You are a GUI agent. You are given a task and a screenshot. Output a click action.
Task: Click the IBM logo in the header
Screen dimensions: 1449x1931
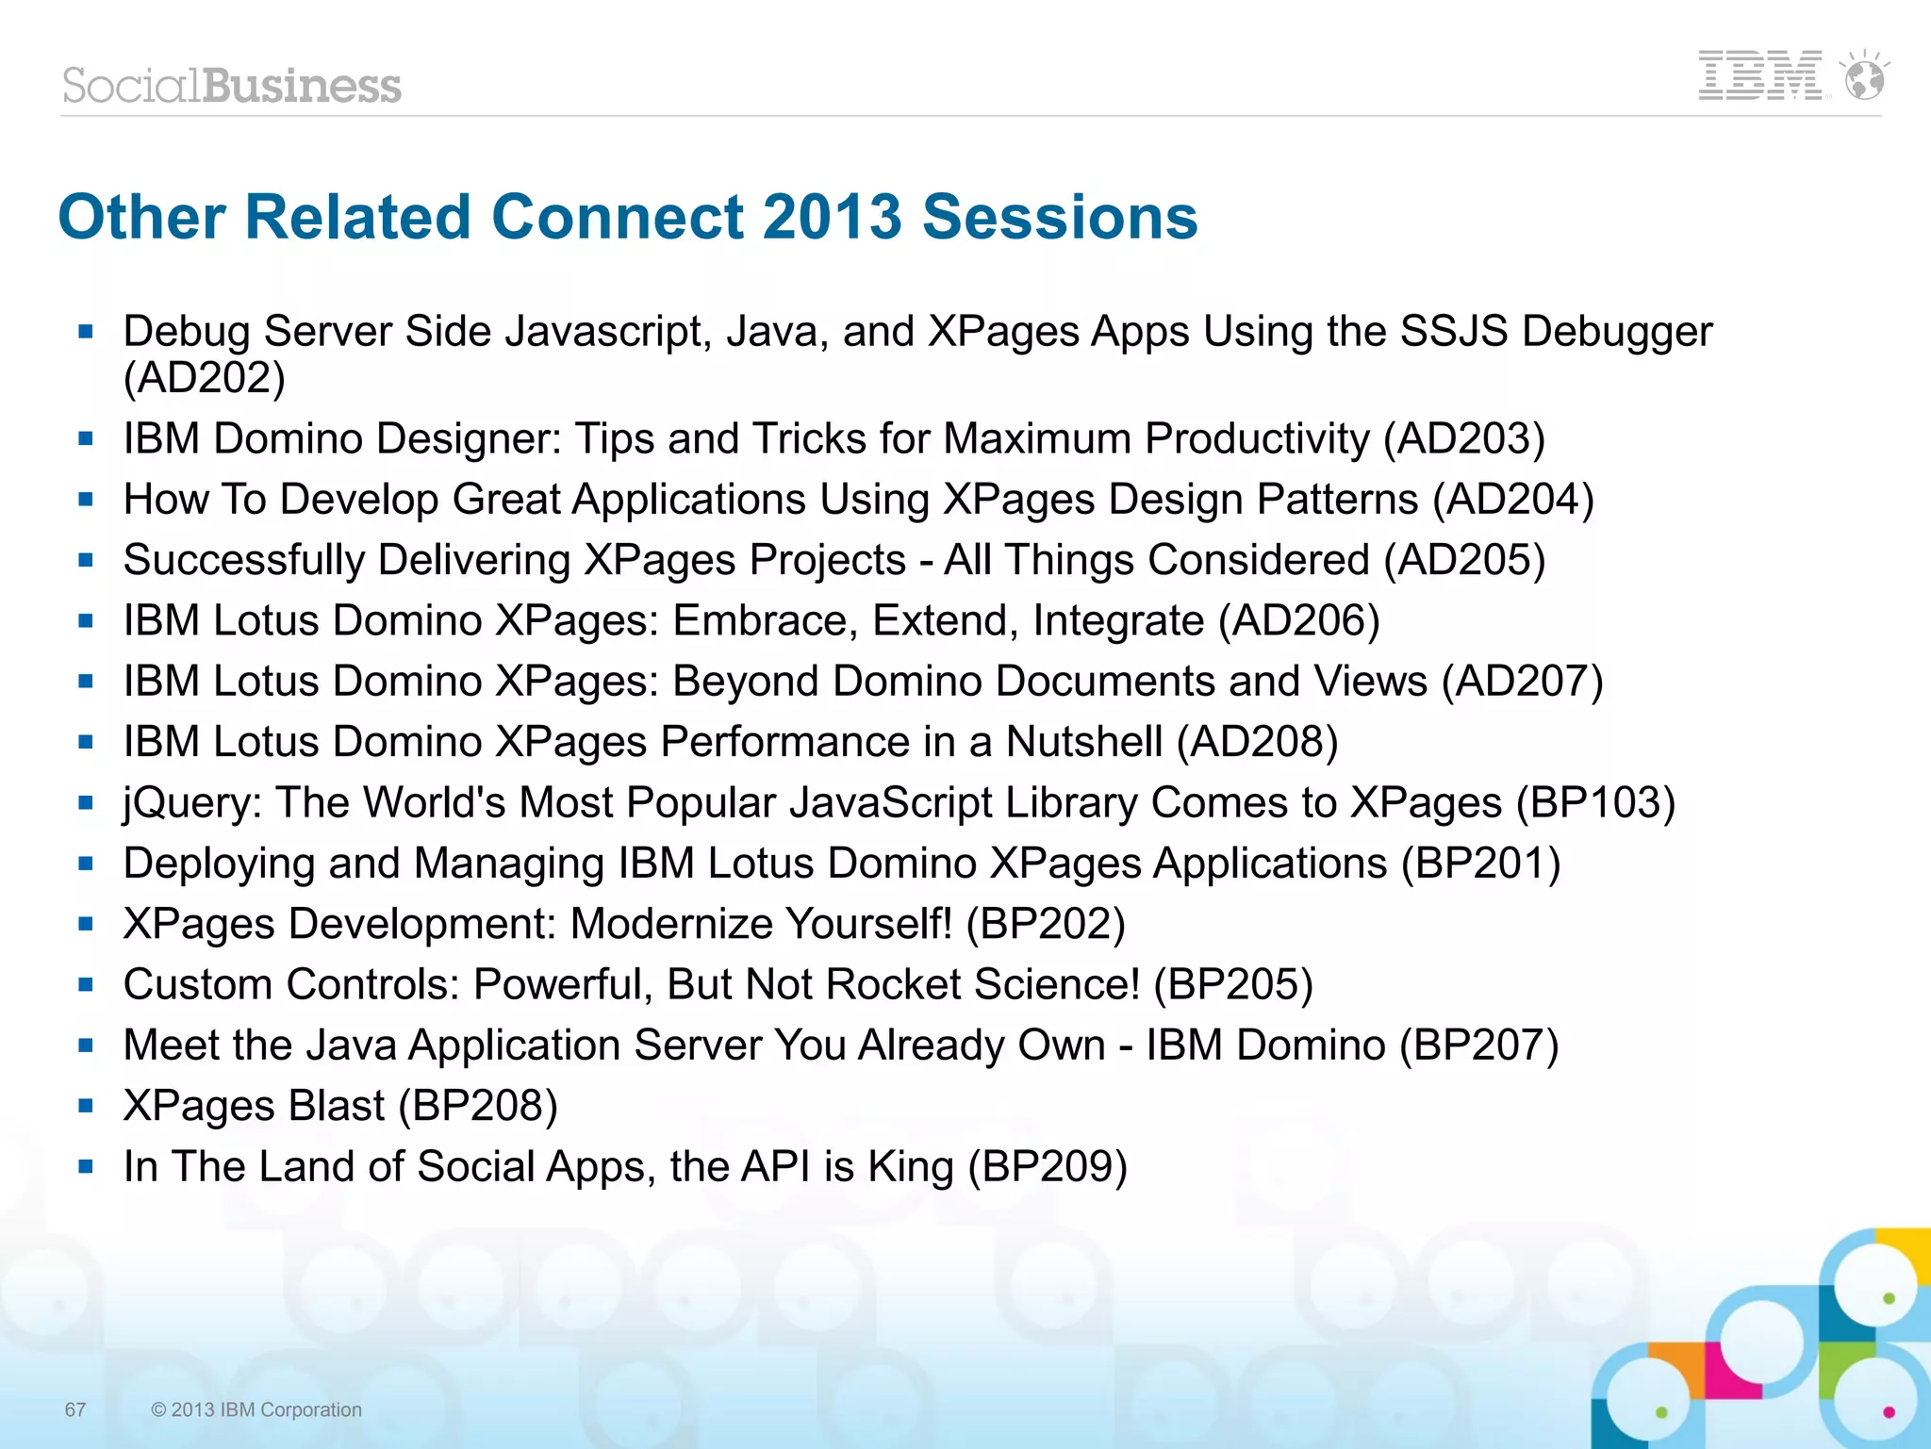pyautogui.click(x=1759, y=76)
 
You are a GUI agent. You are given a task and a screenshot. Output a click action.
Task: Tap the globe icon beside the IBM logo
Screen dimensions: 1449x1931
pyautogui.click(x=1865, y=77)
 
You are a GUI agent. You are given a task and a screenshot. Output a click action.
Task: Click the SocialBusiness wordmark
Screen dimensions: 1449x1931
pyautogui.click(x=232, y=86)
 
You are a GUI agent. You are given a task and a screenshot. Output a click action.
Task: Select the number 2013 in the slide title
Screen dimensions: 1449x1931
pyautogui.click(x=832, y=217)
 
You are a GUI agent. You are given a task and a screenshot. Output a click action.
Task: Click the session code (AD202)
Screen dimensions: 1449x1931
pyautogui.click(x=205, y=377)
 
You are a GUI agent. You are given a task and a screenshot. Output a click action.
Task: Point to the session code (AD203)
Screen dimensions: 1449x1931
pyautogui.click(x=1464, y=439)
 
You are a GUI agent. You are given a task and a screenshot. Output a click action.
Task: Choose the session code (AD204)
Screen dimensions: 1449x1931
pyautogui.click(x=1513, y=500)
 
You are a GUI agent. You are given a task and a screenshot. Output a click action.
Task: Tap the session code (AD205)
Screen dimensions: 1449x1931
pyautogui.click(x=1464, y=560)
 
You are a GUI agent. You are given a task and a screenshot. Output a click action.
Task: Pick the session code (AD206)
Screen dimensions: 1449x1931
pyautogui.click(x=1299, y=621)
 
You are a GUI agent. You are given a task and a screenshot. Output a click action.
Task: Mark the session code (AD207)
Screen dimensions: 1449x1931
pyautogui.click(x=1522, y=682)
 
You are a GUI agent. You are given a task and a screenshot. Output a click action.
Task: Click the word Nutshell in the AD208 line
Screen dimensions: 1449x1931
pyautogui.click(x=1084, y=742)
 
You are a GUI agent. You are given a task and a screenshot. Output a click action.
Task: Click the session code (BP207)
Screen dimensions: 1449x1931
pyautogui.click(x=1479, y=1046)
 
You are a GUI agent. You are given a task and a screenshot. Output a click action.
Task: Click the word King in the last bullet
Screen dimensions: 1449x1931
pyautogui.click(x=911, y=1167)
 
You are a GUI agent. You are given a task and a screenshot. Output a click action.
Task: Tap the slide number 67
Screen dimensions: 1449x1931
pyautogui.click(x=75, y=1409)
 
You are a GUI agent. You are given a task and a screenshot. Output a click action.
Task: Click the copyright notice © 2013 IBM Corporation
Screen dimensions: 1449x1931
pyautogui.click(x=256, y=1409)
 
